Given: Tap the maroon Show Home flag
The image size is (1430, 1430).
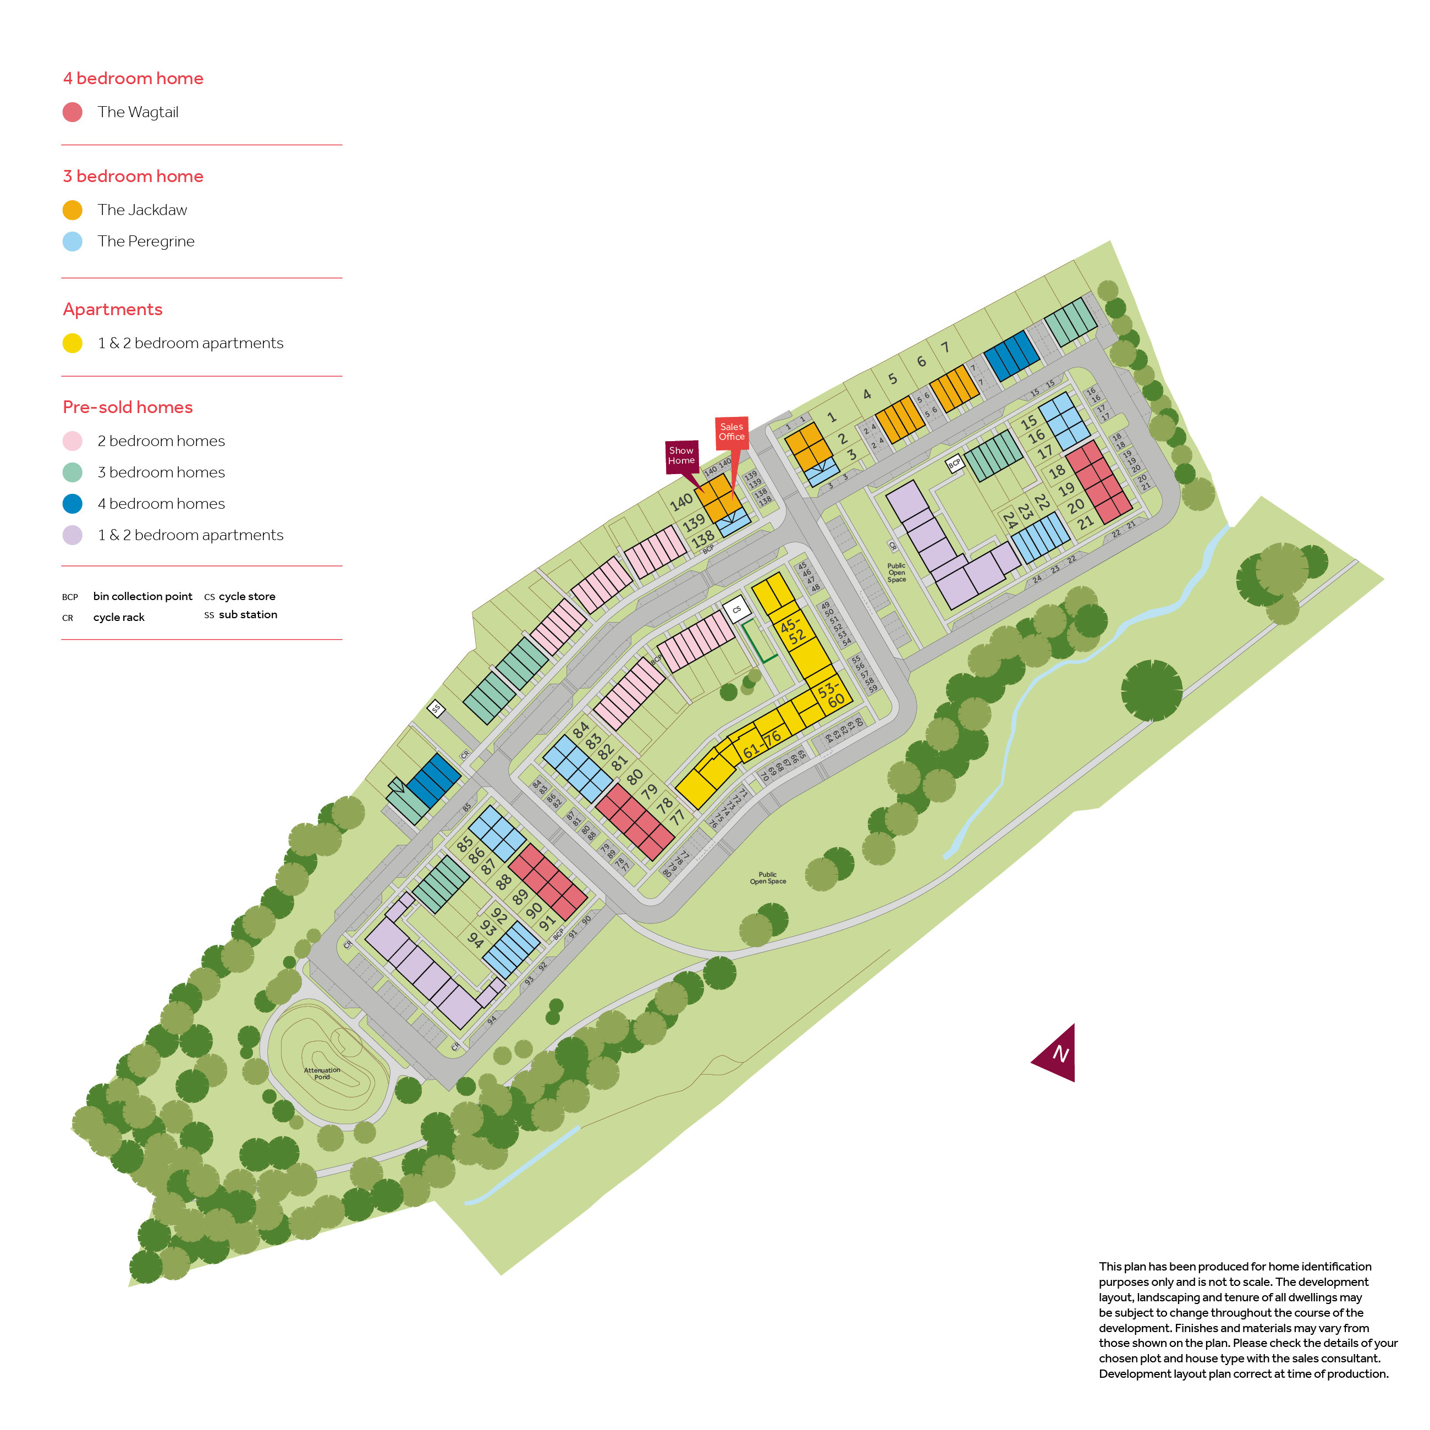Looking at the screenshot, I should [681, 456].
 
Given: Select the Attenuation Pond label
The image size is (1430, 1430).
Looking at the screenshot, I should [322, 1073].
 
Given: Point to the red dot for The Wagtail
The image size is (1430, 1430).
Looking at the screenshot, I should [73, 113].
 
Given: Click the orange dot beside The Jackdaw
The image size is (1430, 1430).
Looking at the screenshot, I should [73, 210].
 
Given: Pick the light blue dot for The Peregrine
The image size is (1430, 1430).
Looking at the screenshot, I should [73, 241].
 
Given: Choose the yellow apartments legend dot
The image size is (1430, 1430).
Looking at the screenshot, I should [73, 343].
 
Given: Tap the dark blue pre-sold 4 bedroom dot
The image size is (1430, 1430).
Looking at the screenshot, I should [73, 504].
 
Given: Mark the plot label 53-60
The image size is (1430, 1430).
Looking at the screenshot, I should [831, 695].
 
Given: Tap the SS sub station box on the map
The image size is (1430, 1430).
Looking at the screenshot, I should [436, 708].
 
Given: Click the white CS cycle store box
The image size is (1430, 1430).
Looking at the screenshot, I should [736, 610].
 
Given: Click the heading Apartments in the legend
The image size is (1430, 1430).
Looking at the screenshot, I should [113, 310].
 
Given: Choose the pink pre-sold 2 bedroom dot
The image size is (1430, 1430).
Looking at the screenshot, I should [73, 441].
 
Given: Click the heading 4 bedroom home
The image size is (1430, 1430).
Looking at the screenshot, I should [133, 79].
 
